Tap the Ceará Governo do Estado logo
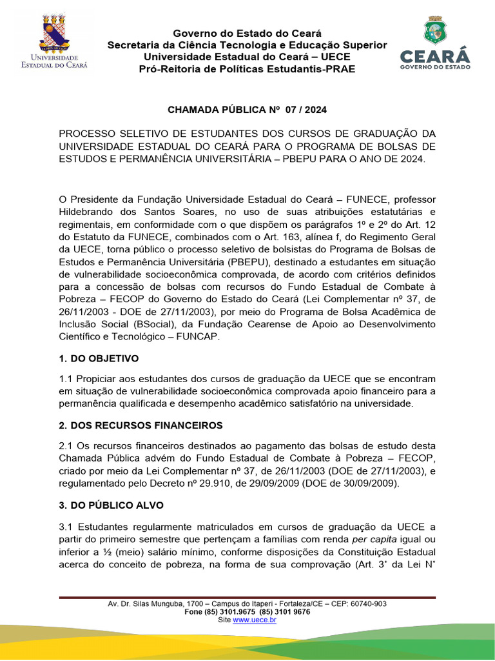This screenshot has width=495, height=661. (x=435, y=44)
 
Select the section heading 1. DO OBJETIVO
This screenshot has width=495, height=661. (x=99, y=358)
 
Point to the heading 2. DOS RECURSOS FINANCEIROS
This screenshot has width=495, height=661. (x=141, y=425)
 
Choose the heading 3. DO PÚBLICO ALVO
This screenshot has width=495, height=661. (x=111, y=505)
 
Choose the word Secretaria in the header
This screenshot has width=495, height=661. (x=133, y=45)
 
